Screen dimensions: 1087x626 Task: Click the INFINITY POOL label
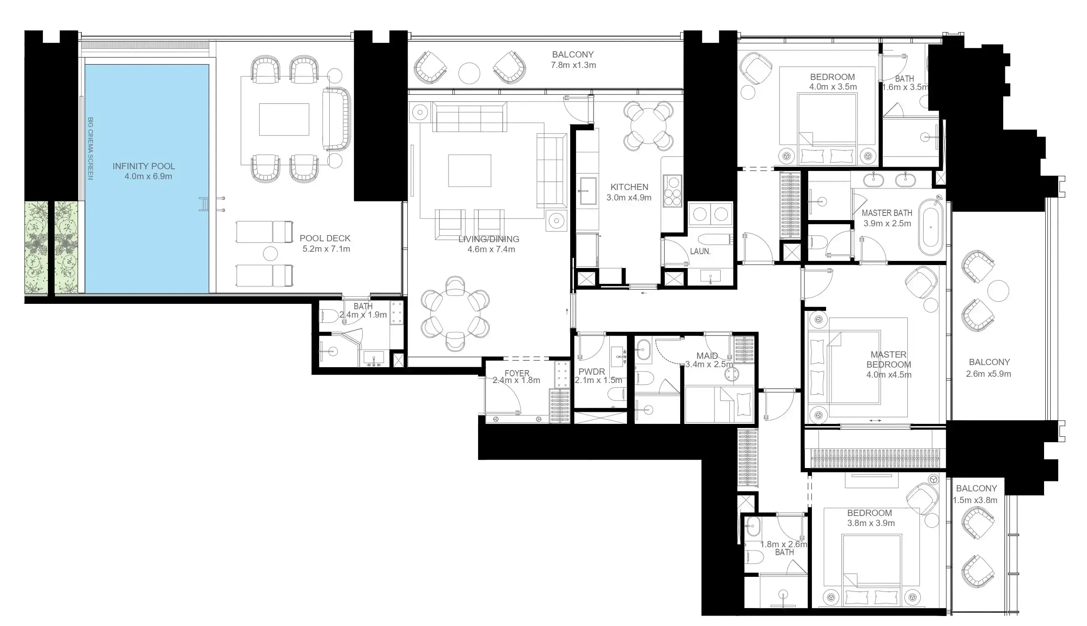coord(144,166)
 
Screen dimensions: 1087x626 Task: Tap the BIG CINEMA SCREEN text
coord(90,148)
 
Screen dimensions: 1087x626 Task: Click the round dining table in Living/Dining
coord(455,313)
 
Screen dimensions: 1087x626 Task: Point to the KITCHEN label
coord(629,187)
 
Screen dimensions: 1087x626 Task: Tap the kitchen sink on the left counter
coord(587,191)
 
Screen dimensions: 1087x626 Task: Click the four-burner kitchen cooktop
coord(672,190)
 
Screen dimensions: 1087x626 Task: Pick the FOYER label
coord(517,373)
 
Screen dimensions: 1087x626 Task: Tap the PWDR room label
coord(592,372)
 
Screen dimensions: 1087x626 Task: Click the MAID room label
coord(707,356)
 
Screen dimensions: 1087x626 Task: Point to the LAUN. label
coord(700,251)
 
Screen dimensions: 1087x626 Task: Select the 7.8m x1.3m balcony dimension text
coord(573,65)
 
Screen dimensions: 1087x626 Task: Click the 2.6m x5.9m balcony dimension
coord(989,374)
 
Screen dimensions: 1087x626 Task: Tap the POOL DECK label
coord(325,238)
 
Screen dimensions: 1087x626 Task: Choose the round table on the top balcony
coord(469,73)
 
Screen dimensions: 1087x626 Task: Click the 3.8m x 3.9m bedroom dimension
coord(871,523)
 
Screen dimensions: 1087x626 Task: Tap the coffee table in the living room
coord(470,171)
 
